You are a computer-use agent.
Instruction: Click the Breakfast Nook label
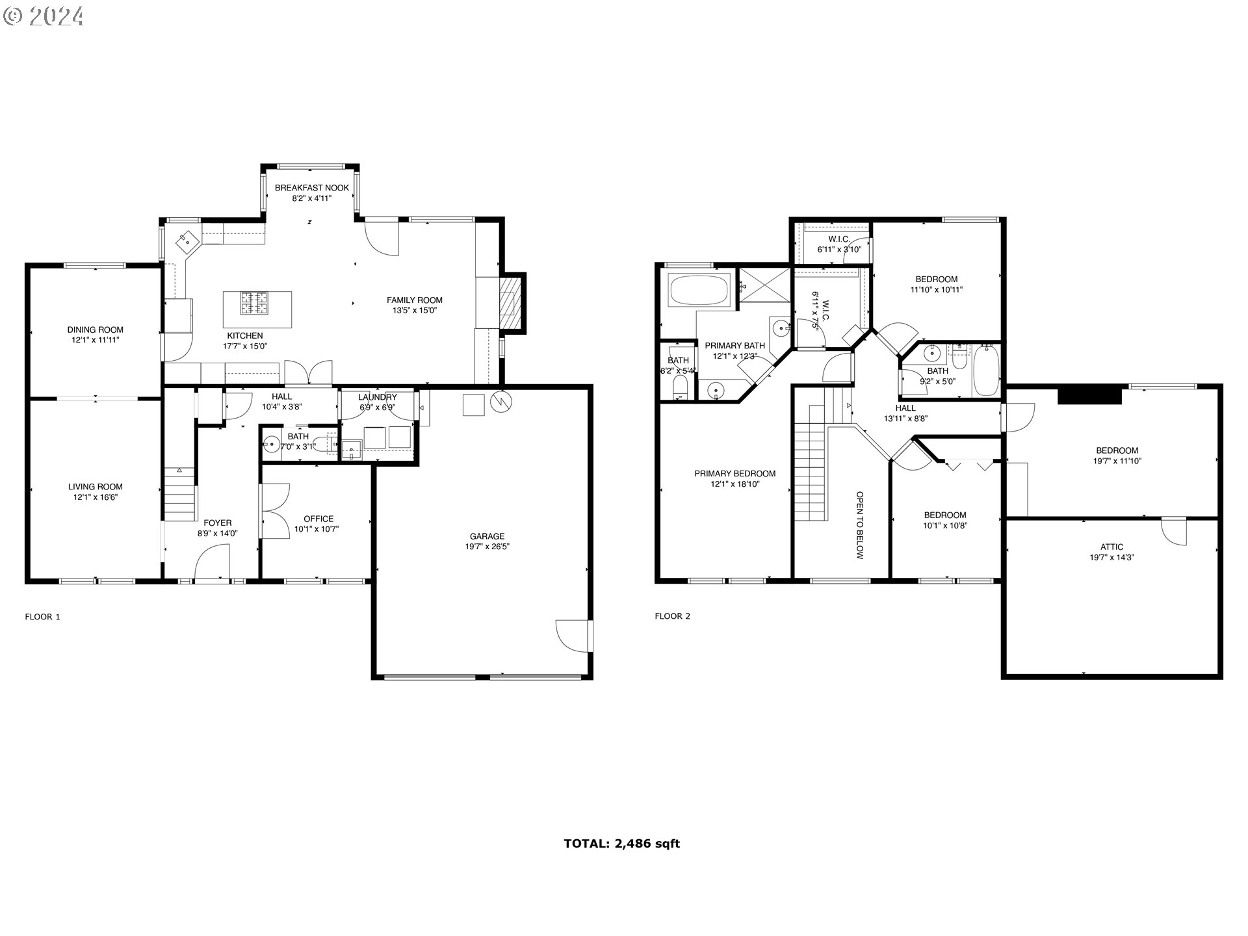click(x=311, y=188)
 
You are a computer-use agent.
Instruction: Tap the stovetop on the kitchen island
click(x=255, y=303)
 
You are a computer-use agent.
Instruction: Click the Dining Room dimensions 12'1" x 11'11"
click(x=96, y=340)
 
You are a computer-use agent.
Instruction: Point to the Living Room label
click(x=96, y=487)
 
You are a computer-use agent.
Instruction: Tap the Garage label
click(x=487, y=536)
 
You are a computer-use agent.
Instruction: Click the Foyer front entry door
click(x=213, y=563)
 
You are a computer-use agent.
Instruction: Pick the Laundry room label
click(x=377, y=397)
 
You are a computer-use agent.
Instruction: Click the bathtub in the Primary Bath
click(x=699, y=291)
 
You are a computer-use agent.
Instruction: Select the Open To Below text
click(x=859, y=525)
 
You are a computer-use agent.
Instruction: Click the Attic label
click(x=1111, y=547)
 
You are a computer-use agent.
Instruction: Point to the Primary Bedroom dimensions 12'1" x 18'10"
click(x=734, y=484)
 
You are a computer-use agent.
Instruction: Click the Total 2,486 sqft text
click(x=621, y=844)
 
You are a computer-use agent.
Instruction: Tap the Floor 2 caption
click(x=672, y=616)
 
